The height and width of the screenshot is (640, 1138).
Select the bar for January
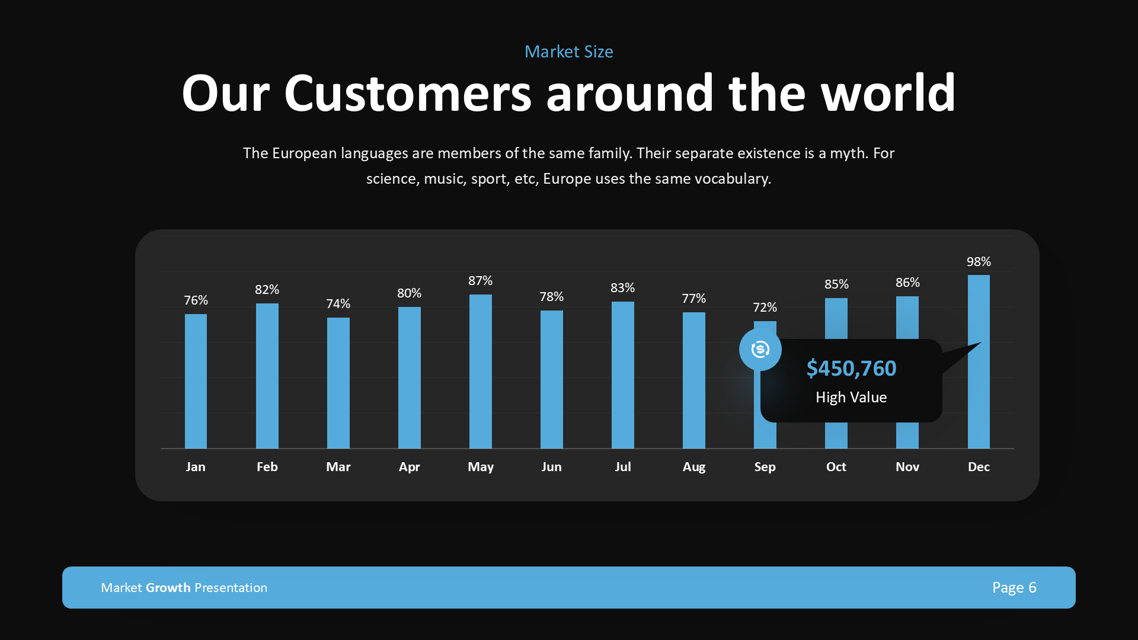[196, 381]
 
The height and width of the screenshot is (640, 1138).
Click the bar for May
[480, 372]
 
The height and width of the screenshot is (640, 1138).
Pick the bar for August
[693, 380]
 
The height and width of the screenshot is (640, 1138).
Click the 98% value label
[979, 261]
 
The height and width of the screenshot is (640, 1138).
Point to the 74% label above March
[338, 303]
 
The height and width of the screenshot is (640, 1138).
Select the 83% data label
[622, 287]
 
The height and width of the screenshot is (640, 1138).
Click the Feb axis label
[267, 466]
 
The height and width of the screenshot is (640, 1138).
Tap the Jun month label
[551, 466]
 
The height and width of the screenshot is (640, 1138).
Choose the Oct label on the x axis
[836, 466]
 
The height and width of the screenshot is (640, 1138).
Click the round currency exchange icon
[760, 350]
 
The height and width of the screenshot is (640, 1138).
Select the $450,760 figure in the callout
[851, 368]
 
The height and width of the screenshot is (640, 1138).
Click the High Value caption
[851, 397]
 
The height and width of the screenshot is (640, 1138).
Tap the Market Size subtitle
[568, 52]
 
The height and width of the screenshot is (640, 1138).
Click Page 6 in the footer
[1014, 587]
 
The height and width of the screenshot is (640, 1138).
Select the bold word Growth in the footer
[168, 587]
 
